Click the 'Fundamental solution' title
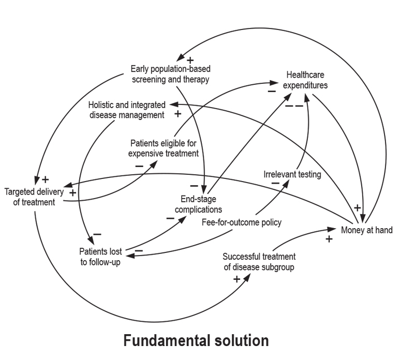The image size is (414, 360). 196,341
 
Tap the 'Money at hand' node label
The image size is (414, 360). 366,230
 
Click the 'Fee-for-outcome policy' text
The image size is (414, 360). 241,222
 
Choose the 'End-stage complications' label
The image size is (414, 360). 199,204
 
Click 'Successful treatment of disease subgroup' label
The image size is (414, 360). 259,261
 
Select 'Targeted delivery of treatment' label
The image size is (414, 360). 34,197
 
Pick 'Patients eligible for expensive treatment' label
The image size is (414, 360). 164,147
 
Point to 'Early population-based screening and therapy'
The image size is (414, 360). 170,73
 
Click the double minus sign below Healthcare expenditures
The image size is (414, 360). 294,106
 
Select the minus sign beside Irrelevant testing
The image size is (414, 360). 275,183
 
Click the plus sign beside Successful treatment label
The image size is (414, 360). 236,279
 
